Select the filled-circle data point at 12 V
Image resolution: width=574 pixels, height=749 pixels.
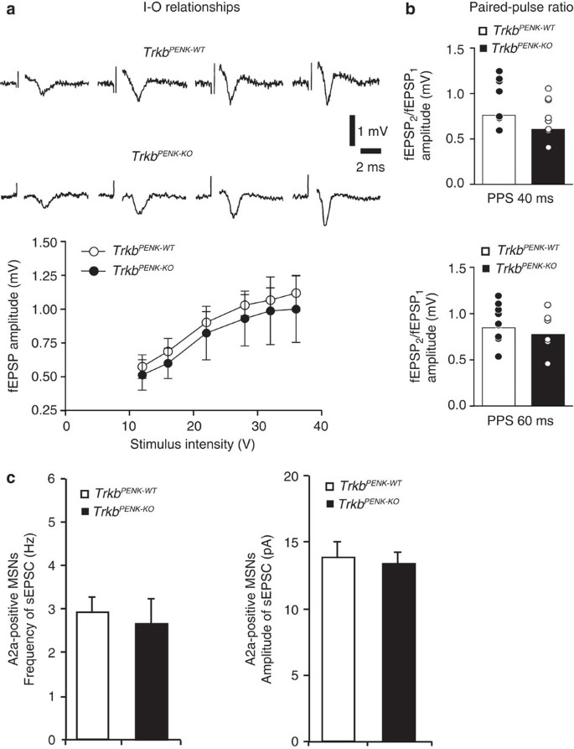pyautogui.click(x=119, y=375)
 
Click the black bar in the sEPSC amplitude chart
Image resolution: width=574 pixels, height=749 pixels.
pyautogui.click(x=392, y=652)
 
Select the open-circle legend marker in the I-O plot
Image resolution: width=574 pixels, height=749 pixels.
pyautogui.click(x=94, y=250)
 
